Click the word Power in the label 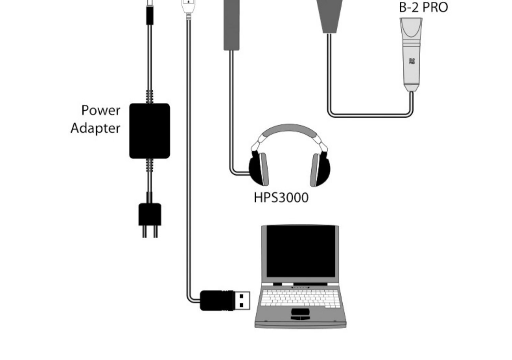[x=101, y=111]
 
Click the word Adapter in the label [x=95, y=128]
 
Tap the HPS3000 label [x=281, y=198]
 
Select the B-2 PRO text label [x=423, y=7]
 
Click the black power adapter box [x=150, y=131]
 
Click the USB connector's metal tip [x=242, y=301]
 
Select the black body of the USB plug [x=216, y=301]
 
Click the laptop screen [x=300, y=251]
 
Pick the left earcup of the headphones [x=259, y=169]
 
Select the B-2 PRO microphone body [x=411, y=55]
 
